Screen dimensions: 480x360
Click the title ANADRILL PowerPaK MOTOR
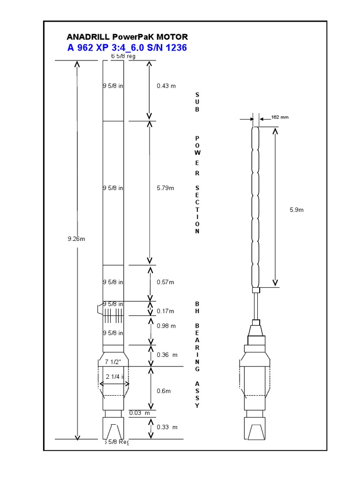coord(127,37)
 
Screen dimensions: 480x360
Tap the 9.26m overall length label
coord(76,239)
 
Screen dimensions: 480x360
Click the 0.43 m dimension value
coord(166,86)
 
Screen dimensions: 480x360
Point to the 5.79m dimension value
coord(165,188)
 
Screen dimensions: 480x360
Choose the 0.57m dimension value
coord(165,282)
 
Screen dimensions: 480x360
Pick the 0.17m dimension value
coord(165,311)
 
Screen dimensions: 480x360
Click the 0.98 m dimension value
coord(166,326)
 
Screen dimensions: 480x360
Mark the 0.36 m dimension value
coord(167,355)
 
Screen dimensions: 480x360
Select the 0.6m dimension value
coord(164,390)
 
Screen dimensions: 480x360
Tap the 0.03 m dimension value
coord(140,413)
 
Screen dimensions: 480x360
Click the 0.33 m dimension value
coord(167,427)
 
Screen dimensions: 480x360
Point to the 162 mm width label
coord(279,117)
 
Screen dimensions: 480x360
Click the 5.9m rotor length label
coord(297,210)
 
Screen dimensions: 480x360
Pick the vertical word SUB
coord(197,102)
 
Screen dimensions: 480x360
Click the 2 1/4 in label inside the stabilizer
coord(114,377)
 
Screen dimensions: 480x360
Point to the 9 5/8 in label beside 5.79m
coord(113,188)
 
